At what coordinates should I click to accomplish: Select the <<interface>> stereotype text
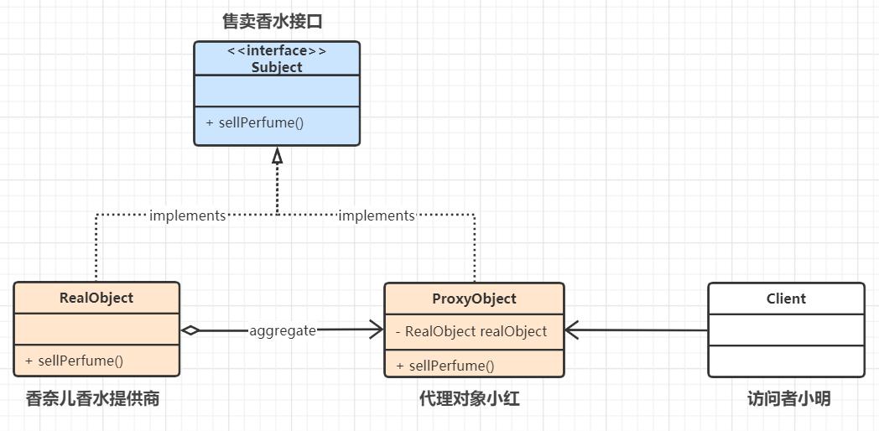coord(277,51)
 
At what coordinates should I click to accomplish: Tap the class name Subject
coord(277,67)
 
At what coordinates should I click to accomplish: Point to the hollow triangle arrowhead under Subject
coord(277,156)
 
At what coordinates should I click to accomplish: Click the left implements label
coord(187,215)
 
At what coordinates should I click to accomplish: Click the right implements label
coord(376,215)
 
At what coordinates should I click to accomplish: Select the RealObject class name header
coord(96,298)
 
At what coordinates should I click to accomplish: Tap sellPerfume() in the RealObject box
coord(74,361)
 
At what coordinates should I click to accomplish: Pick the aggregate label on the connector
coord(283,330)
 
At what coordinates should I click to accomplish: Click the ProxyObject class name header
coord(474,299)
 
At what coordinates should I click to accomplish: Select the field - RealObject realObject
coord(471,331)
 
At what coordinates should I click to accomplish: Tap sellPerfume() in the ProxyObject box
coord(445,366)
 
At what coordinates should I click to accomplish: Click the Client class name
coord(786,299)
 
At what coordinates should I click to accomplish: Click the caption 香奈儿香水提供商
coord(92,399)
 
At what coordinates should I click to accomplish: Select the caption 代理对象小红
coord(469,399)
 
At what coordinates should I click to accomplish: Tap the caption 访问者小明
coord(788,399)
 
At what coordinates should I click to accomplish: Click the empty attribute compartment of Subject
coord(277,91)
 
